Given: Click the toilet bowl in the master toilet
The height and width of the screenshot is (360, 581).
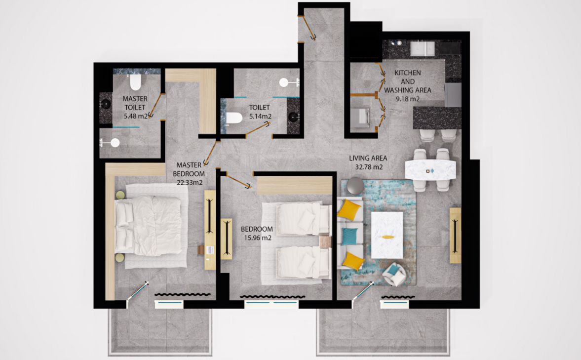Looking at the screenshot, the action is coord(136,82).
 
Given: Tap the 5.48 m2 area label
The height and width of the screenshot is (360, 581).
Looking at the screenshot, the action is coord(136,116).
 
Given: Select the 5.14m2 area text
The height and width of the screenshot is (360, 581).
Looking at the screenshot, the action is coord(260,116).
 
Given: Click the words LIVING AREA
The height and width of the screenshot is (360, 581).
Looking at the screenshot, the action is coord(368,159).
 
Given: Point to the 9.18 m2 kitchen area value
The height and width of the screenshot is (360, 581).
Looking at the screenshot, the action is coord(407,99).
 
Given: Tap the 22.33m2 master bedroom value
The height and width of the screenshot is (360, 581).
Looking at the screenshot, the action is coord(189,182).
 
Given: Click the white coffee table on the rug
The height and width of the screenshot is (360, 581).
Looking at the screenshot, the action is coord(387,235).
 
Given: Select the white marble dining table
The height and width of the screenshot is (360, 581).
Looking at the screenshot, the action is coord(430,170).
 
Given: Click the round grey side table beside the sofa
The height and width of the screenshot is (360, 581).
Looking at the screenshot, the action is coord(355,186).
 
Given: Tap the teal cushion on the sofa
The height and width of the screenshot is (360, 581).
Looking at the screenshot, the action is coord(349,236).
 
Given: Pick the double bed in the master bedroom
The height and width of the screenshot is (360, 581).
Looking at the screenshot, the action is coord(148,226).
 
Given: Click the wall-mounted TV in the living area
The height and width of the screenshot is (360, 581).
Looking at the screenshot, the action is coord(455,236).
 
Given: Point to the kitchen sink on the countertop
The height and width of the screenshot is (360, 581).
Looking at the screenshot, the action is coord(423,48).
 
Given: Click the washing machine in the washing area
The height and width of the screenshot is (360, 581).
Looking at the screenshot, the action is coord(360,118).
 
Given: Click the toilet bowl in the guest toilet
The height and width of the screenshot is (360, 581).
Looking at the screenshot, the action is coord(234,118).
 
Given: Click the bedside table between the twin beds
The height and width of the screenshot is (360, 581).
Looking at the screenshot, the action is coord(325,242).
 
